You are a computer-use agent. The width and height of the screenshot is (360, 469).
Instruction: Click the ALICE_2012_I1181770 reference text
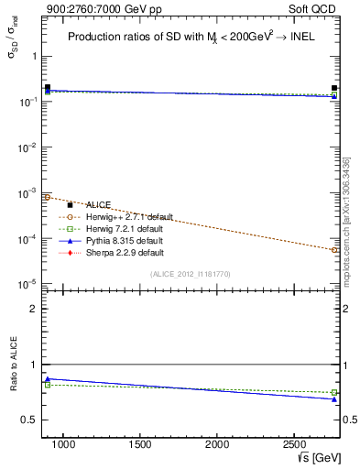click(191, 273)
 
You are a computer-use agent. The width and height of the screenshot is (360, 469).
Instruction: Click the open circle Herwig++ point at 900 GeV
click(48, 197)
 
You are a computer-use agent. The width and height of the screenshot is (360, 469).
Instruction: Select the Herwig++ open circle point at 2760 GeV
click(334, 249)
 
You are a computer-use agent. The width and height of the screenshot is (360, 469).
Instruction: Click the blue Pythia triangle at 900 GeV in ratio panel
click(48, 378)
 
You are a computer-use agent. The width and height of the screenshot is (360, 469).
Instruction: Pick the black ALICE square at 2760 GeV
click(334, 89)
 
